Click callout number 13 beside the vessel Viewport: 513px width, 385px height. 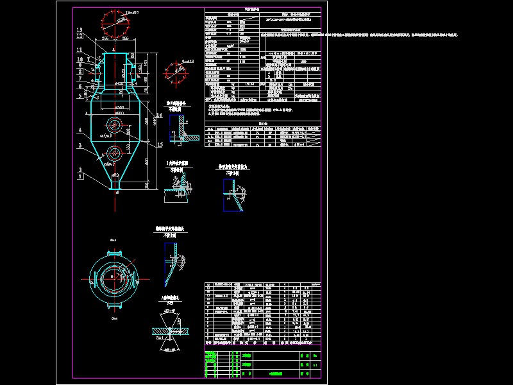pyautogui.click(x=79, y=30)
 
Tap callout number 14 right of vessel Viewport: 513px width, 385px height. pyautogui.click(x=159, y=114)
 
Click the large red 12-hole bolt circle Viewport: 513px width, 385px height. pyautogui.click(x=115, y=26)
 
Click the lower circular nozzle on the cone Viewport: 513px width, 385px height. pyautogui.click(x=115, y=153)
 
